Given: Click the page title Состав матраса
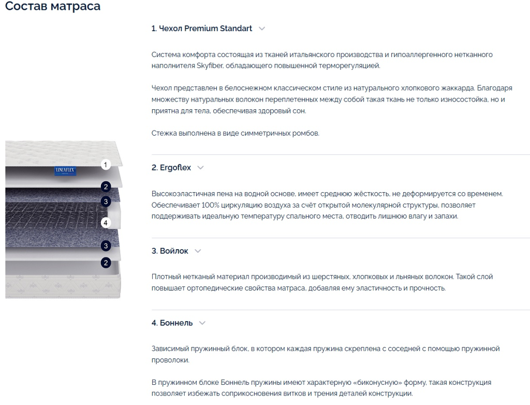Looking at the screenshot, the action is click(x=53, y=6).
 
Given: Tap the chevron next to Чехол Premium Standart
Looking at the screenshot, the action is click(x=262, y=29).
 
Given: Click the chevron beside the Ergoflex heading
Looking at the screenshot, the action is click(x=200, y=167).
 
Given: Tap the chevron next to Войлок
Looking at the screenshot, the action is click(x=198, y=251).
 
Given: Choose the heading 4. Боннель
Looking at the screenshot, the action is click(x=172, y=323).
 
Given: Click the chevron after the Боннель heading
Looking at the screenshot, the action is click(x=202, y=323).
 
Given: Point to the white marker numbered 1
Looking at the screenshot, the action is click(x=106, y=165).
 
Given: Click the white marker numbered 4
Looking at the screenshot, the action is click(x=106, y=223).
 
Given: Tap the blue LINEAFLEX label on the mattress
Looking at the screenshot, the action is click(x=65, y=171).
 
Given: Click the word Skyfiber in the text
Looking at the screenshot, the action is click(x=210, y=66).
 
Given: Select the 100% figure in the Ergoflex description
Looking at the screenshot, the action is click(x=210, y=205).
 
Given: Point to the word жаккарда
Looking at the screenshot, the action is click(x=458, y=89).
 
